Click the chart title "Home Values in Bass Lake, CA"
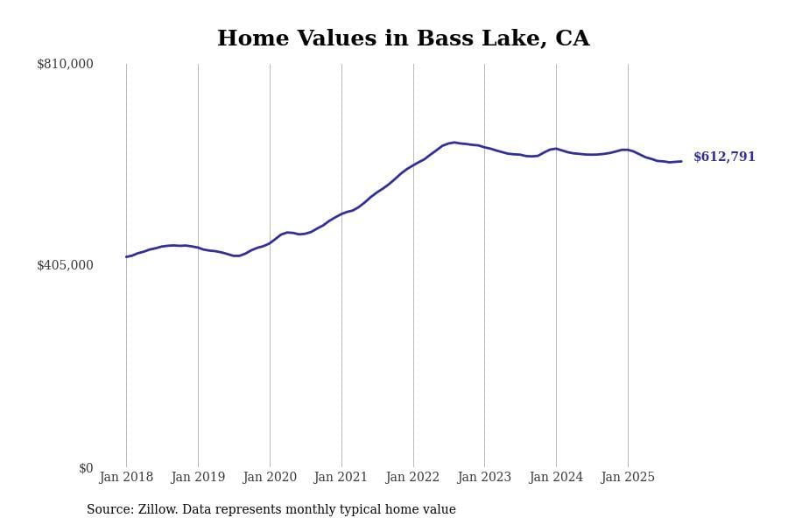(403, 39)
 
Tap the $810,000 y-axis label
(65, 64)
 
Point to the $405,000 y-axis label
(65, 265)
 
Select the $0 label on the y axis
(86, 468)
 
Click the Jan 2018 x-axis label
(126, 477)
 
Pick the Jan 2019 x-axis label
(198, 477)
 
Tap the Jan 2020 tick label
(270, 477)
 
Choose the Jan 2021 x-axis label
(341, 477)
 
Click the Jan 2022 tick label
(413, 477)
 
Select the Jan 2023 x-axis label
(484, 477)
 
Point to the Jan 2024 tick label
(556, 477)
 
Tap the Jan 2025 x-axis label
(628, 477)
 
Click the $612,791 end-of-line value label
(724, 157)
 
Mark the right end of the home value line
(681, 161)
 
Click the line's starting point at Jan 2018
(126, 256)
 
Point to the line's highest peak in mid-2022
(454, 143)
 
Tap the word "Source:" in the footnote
(109, 510)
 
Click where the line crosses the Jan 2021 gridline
(341, 213)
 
